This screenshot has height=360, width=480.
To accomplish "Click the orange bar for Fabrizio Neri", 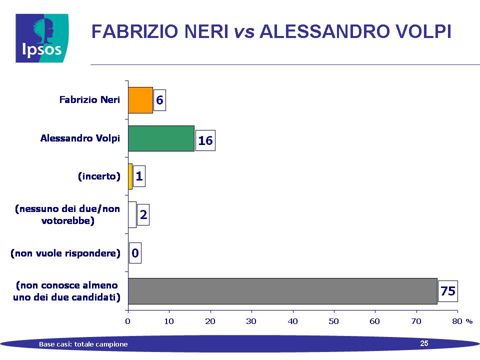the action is pyautogui.click(x=140, y=100).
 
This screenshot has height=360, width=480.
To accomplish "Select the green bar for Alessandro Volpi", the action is pyautogui.click(x=161, y=138).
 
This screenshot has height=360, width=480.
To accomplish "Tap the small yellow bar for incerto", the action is pyautogui.click(x=130, y=176).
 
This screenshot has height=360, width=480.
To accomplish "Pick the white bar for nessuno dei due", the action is pyautogui.click(x=132, y=214).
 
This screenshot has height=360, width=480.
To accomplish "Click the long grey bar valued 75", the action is pyautogui.click(x=283, y=291).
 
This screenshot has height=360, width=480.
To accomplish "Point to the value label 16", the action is pyautogui.click(x=205, y=140).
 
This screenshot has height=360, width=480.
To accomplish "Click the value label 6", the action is pyautogui.click(x=159, y=100).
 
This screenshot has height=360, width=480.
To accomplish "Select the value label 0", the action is pyautogui.click(x=135, y=253).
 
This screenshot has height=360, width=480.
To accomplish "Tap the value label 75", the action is pyautogui.click(x=448, y=291).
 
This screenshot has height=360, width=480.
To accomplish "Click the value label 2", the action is pyautogui.click(x=143, y=214).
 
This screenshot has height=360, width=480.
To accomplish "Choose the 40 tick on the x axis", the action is pyautogui.click(x=293, y=321).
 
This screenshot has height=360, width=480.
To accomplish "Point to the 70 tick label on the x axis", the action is pyautogui.click(x=416, y=321).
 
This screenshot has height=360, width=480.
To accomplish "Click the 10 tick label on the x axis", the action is pyautogui.click(x=169, y=321).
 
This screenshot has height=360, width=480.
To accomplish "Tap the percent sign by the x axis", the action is pyautogui.click(x=469, y=321).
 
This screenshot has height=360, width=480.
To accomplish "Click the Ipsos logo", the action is pyautogui.click(x=42, y=38).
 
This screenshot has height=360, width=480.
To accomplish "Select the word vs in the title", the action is pyautogui.click(x=244, y=31).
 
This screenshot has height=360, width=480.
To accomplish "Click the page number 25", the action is pyautogui.click(x=424, y=343).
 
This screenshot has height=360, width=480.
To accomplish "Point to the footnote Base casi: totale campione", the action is pyautogui.click(x=83, y=344).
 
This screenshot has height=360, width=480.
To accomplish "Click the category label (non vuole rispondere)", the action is pyautogui.click(x=65, y=253).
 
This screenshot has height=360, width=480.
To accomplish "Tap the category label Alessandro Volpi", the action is pyautogui.click(x=80, y=138).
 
